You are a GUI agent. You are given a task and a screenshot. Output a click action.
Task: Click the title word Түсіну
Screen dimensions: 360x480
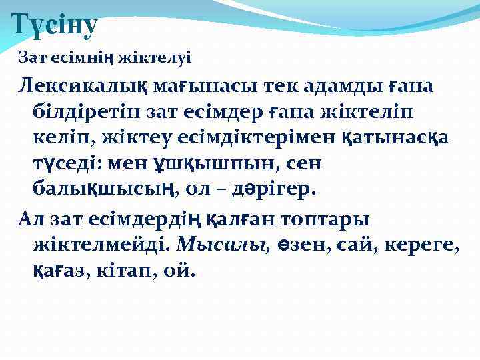click(55, 25)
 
